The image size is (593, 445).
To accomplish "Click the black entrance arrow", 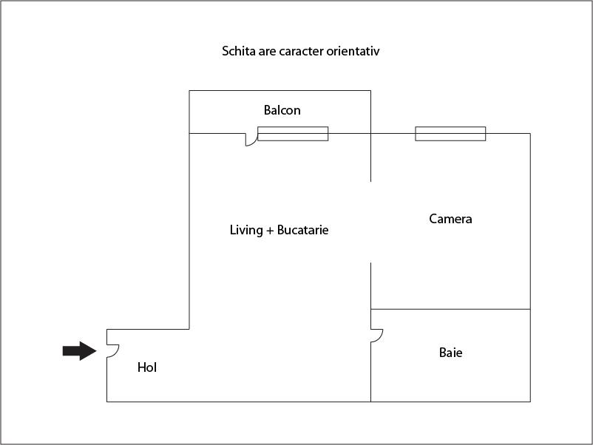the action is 79,351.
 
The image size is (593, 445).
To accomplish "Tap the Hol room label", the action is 147,367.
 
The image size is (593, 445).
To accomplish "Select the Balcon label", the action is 282,110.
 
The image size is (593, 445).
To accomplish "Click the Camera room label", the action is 450,219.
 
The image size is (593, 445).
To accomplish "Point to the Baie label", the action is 451,353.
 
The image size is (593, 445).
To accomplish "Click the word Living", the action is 246,230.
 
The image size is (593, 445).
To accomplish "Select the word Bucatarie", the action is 303,230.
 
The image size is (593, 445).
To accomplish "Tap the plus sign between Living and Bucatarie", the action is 270,230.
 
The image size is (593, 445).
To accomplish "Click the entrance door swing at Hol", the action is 113,351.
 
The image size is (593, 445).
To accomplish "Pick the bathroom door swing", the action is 377,336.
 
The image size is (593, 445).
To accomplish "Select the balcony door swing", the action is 251,140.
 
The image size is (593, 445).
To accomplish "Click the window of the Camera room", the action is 450,134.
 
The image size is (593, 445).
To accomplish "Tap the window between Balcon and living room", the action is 293,134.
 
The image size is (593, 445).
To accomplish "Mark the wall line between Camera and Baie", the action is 450,309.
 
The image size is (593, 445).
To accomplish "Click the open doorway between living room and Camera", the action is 370,222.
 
